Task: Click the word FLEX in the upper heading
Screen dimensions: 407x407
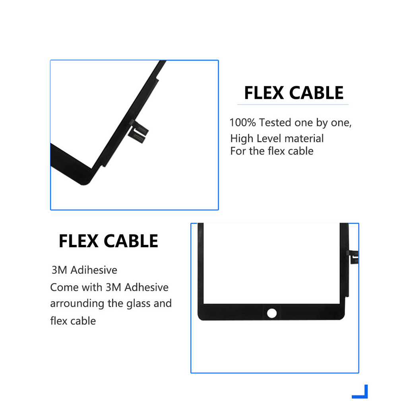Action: click(x=264, y=93)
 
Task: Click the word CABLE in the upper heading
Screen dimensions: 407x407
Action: click(x=316, y=93)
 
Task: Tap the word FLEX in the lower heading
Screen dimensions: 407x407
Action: click(x=79, y=241)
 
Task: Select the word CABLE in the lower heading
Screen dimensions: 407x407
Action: click(x=131, y=241)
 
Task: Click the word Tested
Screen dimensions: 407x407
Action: click(x=275, y=122)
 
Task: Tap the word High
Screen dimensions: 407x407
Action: click(x=242, y=139)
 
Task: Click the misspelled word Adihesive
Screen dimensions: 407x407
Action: click(x=94, y=270)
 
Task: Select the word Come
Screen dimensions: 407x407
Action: click(x=64, y=287)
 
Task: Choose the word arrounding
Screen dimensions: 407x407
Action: click(x=77, y=304)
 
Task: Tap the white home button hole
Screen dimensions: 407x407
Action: click(x=272, y=313)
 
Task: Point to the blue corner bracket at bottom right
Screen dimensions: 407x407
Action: click(x=362, y=394)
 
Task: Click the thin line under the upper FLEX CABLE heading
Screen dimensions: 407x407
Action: click(x=293, y=105)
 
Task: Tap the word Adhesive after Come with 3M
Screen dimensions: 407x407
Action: click(x=146, y=287)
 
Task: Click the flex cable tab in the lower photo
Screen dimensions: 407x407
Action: click(x=353, y=257)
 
